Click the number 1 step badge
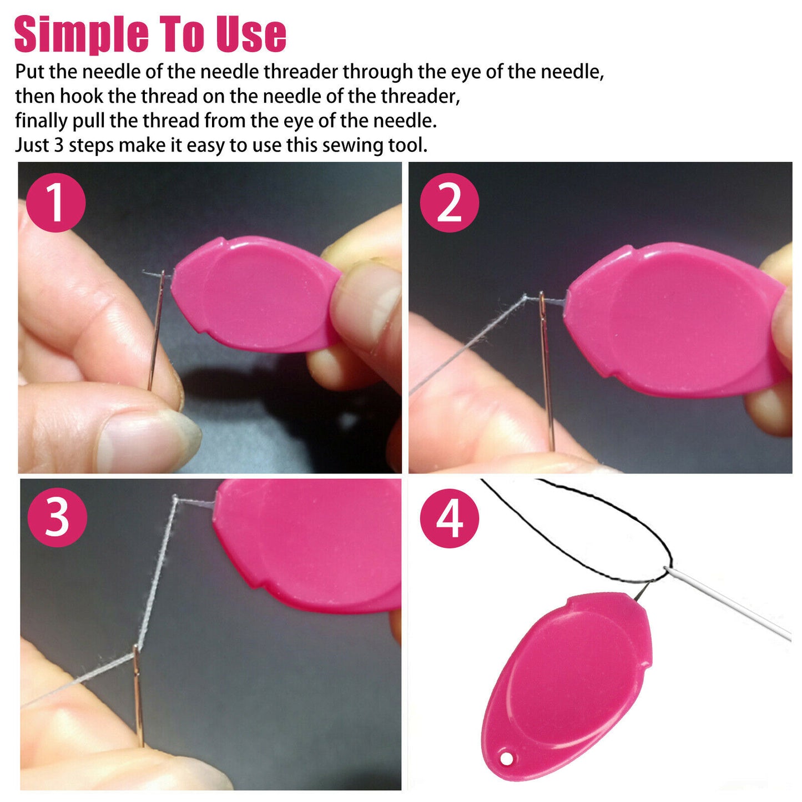click(56, 203)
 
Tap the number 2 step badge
click(449, 203)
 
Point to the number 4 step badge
click(449, 518)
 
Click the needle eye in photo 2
click(542, 304)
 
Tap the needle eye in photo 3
click(135, 658)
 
